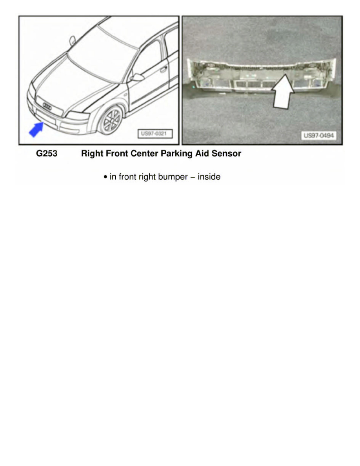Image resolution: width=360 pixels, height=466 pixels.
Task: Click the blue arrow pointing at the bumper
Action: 37,129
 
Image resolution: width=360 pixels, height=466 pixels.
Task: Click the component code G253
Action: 47,154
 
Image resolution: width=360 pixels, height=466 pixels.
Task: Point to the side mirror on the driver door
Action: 137,77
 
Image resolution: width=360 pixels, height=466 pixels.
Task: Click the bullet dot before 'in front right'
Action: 105,177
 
